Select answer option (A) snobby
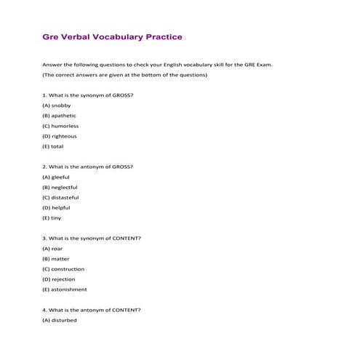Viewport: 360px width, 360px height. click(x=57, y=105)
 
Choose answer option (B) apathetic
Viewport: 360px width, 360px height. click(x=60, y=116)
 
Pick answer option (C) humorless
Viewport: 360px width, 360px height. click(x=60, y=126)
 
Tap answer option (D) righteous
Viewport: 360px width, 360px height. click(x=60, y=136)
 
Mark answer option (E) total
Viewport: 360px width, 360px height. click(x=53, y=146)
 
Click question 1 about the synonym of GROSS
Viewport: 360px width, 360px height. click(x=87, y=95)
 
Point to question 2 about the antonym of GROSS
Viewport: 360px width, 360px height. click(x=87, y=167)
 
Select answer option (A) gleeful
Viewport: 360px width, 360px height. click(x=56, y=177)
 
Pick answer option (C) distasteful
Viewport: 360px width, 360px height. click(x=60, y=197)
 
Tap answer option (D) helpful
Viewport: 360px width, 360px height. click(x=57, y=207)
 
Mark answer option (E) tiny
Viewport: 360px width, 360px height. click(x=52, y=217)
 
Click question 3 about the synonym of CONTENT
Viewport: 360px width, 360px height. click(x=92, y=238)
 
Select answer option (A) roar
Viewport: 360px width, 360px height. click(x=53, y=248)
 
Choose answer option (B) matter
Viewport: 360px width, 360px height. click(x=55, y=258)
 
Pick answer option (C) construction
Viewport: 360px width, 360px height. click(x=63, y=268)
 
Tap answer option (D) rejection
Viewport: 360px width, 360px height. click(x=59, y=279)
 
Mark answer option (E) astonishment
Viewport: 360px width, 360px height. click(x=65, y=289)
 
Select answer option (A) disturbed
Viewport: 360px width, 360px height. click(x=60, y=319)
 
